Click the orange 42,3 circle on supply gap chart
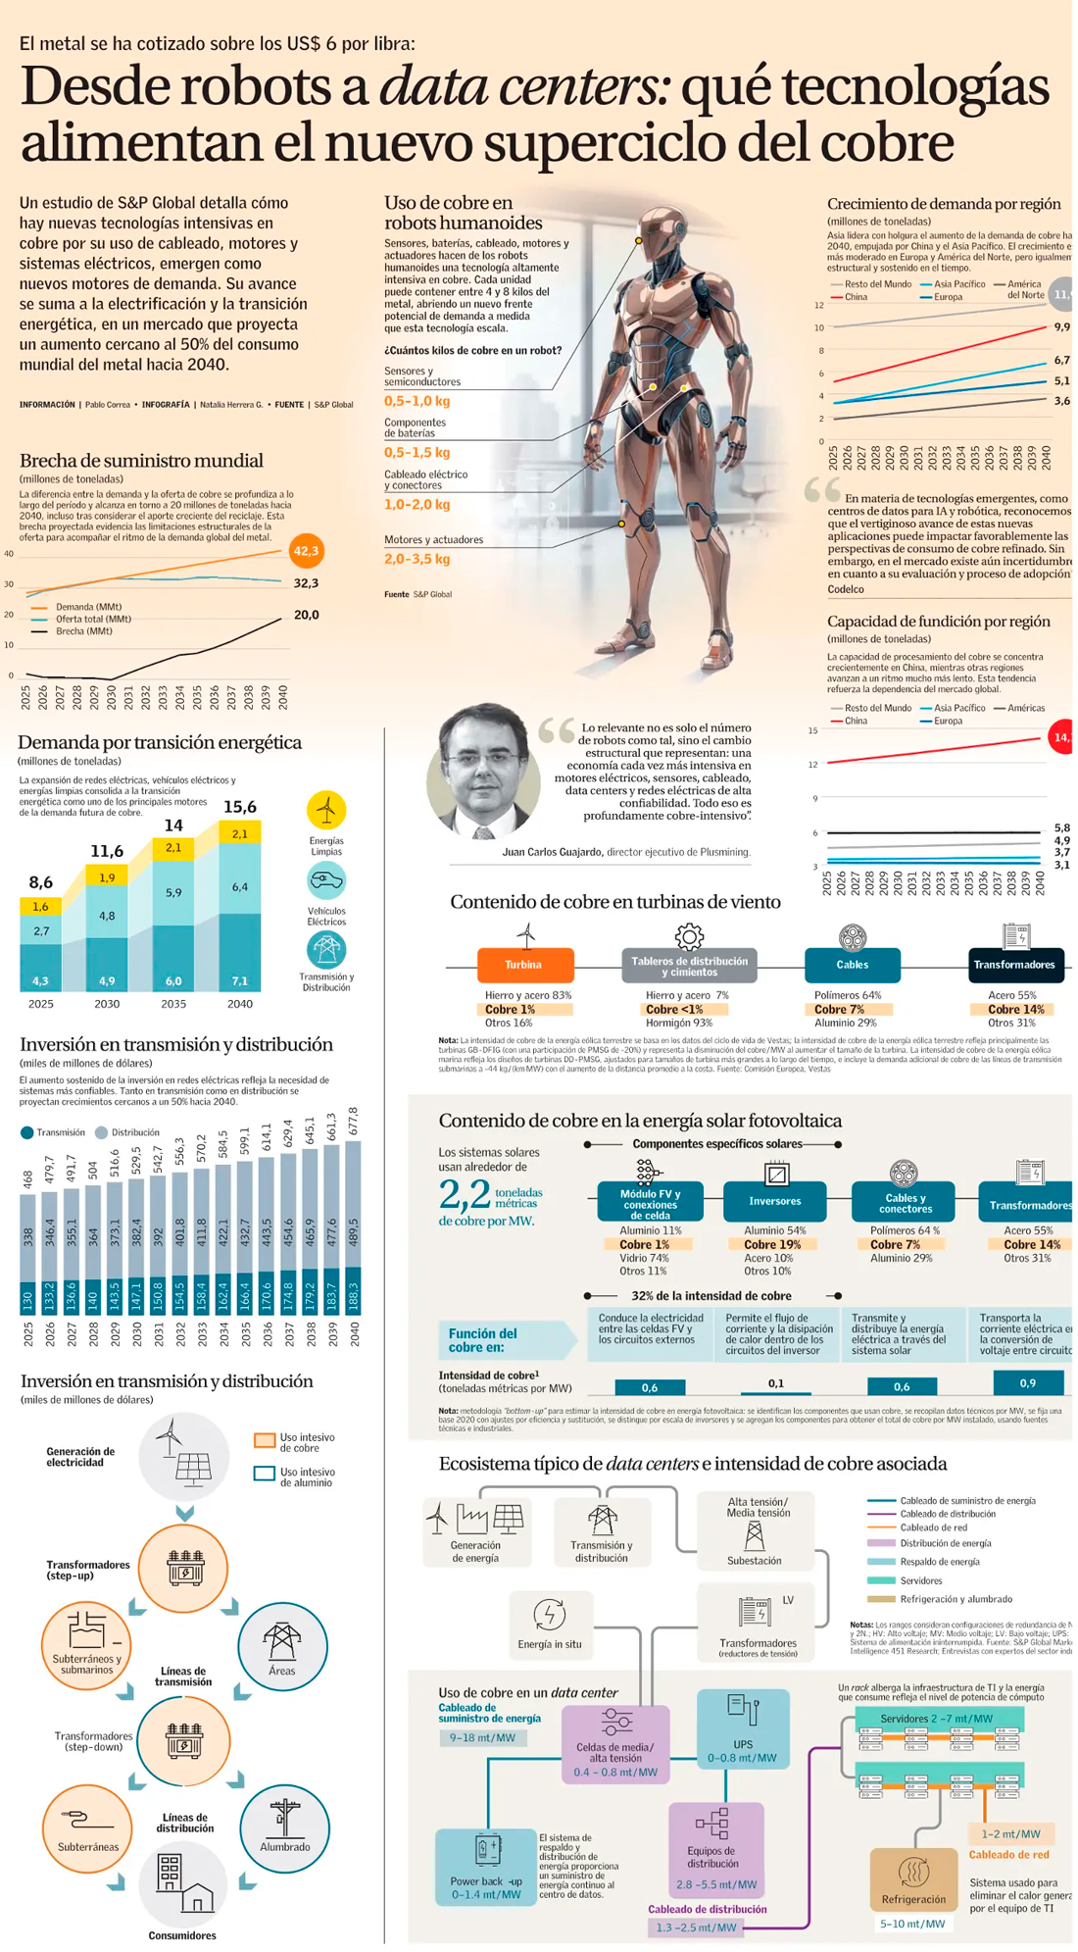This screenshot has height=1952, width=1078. point(306,551)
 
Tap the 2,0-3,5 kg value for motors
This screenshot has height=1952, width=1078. point(417,559)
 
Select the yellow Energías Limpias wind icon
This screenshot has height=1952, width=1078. point(326,810)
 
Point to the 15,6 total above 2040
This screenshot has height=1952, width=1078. point(240,807)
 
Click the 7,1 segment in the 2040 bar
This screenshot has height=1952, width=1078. point(240,980)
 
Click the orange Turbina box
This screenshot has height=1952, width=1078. point(524,965)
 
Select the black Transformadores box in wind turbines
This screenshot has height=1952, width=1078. point(1014,965)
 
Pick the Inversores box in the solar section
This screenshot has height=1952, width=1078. point(774,1201)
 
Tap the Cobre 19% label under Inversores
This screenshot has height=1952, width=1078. point(774,1244)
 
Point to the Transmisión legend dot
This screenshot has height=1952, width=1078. point(27,1132)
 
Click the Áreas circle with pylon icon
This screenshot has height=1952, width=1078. point(282,1646)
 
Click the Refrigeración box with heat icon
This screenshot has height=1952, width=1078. point(913,1879)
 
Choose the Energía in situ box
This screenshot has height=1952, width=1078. point(549,1624)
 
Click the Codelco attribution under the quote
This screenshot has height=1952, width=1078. point(846,589)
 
